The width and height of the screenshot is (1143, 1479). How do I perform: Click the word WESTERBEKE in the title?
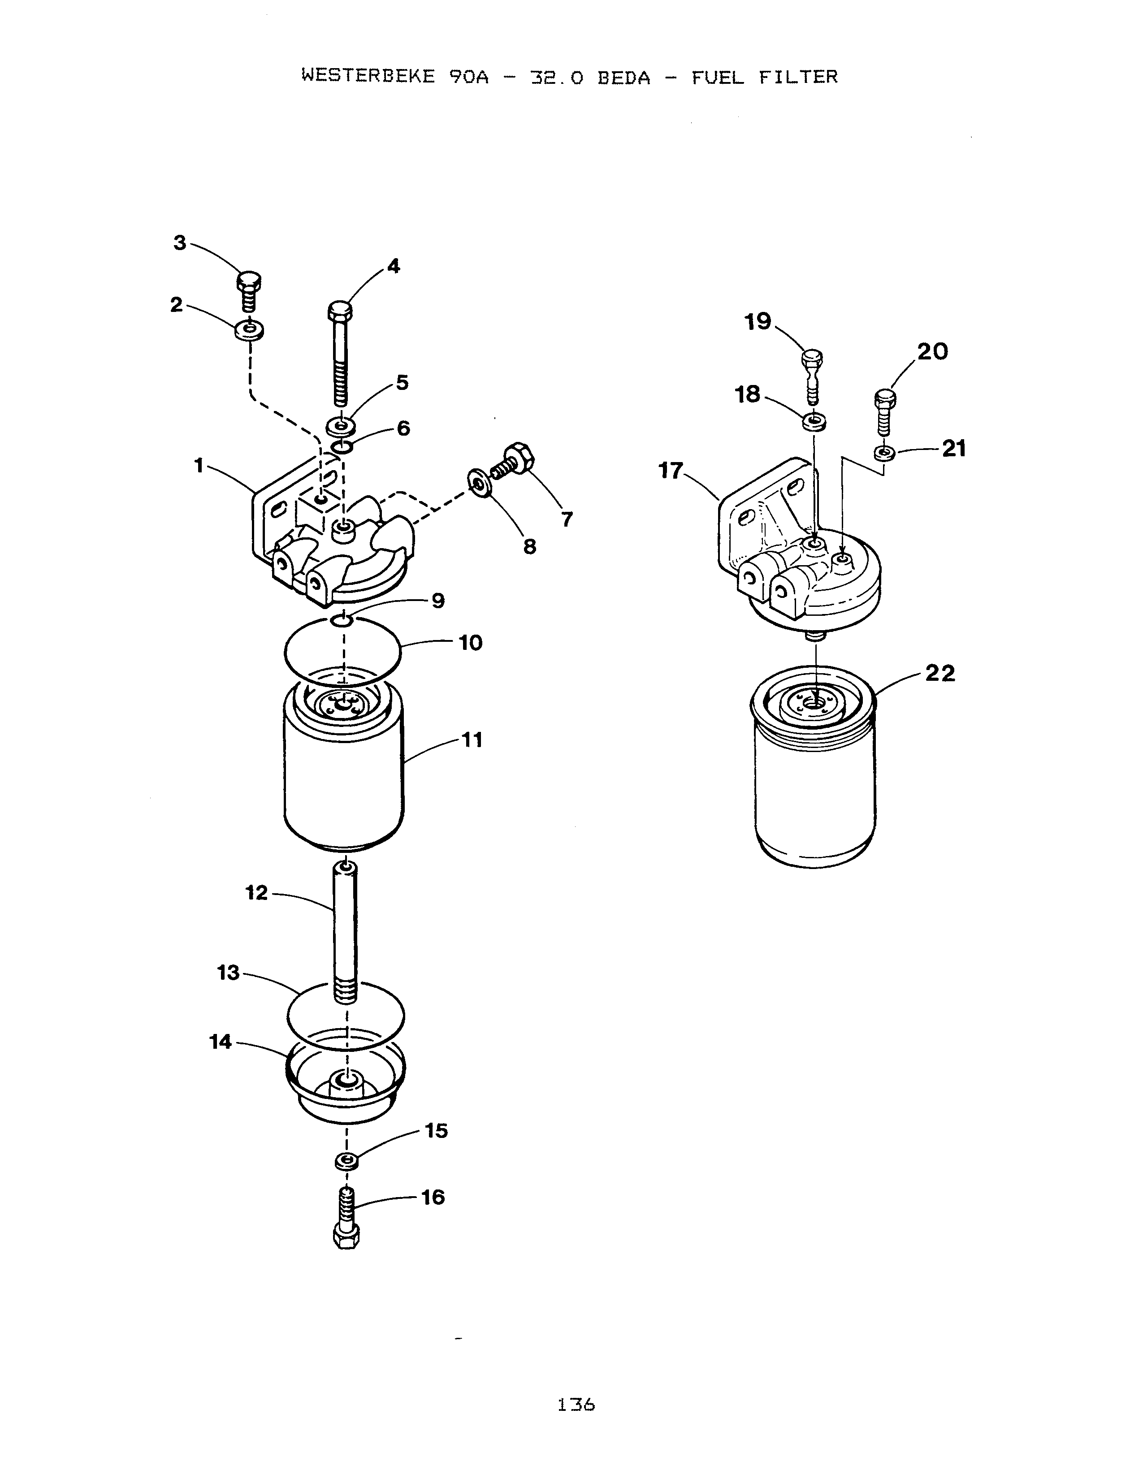coord(368,77)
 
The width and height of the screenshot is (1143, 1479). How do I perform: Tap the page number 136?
coord(576,1405)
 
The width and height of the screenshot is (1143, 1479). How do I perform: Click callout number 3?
coord(179,243)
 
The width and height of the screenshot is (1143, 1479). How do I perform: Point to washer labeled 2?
coord(250,330)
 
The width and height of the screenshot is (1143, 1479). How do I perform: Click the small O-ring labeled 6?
coord(342,447)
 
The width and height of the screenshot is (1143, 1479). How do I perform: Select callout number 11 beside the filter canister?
coord(472,739)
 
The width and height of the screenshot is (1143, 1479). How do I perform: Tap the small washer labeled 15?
coord(346,1161)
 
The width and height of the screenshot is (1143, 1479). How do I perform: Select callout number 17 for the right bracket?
coord(671,471)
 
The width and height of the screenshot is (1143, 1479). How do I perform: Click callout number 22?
coord(940,673)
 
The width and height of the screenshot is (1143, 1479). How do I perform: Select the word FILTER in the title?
coord(798,77)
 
